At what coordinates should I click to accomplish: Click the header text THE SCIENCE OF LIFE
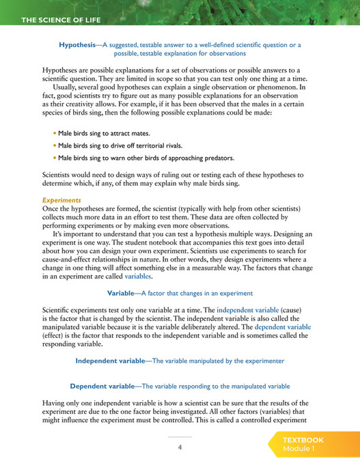coord(61,20)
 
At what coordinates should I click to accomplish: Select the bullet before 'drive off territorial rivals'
coord(55,145)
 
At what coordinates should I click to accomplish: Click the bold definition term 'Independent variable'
coord(110,360)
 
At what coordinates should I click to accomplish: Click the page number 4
coord(180,448)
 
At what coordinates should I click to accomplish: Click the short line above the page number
coord(180,436)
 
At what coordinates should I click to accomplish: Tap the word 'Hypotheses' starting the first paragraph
coord(63,70)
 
